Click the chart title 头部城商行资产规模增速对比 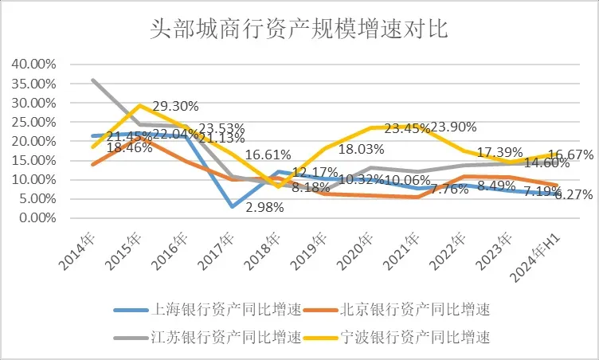click(x=299, y=30)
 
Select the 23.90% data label click(x=454, y=127)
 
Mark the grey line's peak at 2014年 click(x=93, y=80)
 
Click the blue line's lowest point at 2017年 click(x=232, y=206)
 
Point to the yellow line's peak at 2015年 click(x=139, y=105)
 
